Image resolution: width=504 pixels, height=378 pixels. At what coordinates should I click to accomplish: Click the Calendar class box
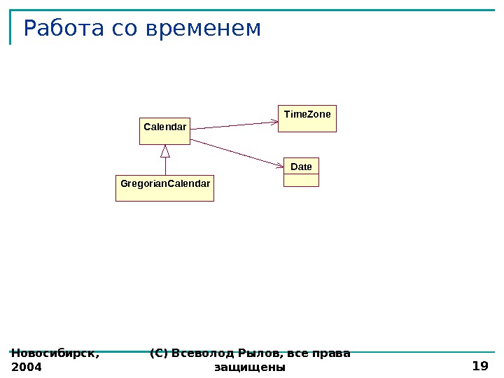pyautogui.click(x=164, y=130)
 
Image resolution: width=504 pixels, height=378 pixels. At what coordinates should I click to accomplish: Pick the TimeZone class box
pyautogui.click(x=307, y=118)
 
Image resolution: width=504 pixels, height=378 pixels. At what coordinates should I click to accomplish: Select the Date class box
pyautogui.click(x=301, y=171)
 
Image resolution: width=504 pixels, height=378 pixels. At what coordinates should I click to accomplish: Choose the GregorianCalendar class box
pyautogui.click(x=164, y=188)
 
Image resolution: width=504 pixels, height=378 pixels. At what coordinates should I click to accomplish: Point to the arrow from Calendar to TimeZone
pyautogui.click(x=234, y=125)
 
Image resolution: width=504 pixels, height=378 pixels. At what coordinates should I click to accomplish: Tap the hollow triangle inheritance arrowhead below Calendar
pyautogui.click(x=165, y=151)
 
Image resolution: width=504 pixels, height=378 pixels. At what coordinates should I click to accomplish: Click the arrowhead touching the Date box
pyautogui.click(x=279, y=166)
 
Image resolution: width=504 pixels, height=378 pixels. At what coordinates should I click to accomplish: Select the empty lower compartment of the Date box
pyautogui.click(x=301, y=180)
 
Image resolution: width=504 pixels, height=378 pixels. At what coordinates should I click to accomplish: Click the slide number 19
pyautogui.click(x=480, y=365)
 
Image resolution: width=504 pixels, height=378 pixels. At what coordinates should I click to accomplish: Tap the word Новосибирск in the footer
pyautogui.click(x=55, y=353)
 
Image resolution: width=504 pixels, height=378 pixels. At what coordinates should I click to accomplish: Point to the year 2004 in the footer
pyautogui.click(x=27, y=367)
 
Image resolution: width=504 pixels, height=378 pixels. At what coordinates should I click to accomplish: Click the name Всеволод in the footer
pyautogui.click(x=201, y=353)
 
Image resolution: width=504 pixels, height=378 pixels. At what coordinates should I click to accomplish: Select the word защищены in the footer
pyautogui.click(x=250, y=367)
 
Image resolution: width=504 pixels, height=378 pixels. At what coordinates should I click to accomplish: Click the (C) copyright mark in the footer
pyautogui.click(x=159, y=353)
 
